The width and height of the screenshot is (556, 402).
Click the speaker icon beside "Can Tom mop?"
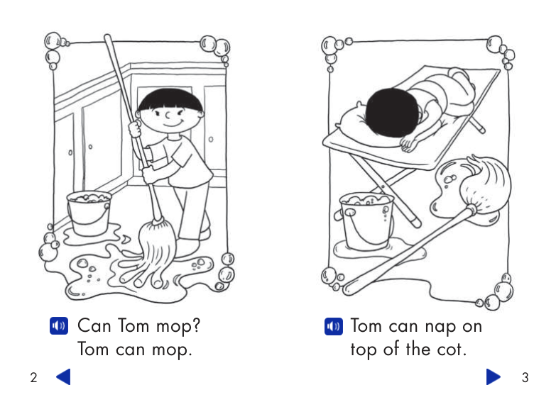coord(59,326)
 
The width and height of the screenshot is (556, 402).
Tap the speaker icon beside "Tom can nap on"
coord(333,326)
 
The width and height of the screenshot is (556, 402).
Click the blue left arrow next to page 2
coord(63,377)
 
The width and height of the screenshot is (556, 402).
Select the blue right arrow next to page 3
coord(493,377)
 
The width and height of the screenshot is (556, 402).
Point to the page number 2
coord(33,378)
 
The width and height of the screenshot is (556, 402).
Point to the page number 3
coord(525,378)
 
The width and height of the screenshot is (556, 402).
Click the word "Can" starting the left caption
coord(94,326)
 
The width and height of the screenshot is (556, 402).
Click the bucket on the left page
coord(89,213)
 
